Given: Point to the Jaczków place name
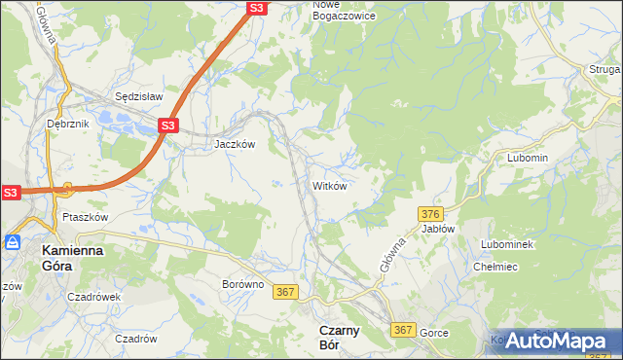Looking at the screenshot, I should tap(235, 143).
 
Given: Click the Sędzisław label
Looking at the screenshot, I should tap(138, 97).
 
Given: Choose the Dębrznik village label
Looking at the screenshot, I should tap(67, 125).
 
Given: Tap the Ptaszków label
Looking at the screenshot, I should tap(84, 217).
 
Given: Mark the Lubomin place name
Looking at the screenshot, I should tap(528, 158).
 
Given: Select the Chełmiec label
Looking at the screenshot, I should tap(493, 266).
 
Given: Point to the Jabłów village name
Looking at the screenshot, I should tap(438, 229).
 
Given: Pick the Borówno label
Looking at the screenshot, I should tap(242, 285).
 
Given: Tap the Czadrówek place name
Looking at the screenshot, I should tap(95, 298).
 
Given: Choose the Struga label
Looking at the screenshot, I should tap(604, 69).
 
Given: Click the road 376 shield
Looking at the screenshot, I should tap(431, 213).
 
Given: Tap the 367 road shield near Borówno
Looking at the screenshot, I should tap(285, 291).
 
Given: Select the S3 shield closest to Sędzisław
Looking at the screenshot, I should tap(167, 126).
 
